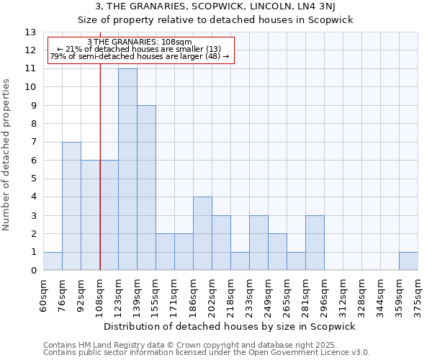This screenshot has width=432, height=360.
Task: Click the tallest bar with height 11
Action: (127, 169)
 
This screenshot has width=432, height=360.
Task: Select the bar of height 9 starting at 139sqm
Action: (146, 188)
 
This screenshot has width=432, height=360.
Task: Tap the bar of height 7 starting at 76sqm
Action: (71, 206)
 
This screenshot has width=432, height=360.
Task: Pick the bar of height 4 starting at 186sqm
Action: (202, 233)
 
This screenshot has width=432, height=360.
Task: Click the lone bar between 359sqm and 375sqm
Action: (408, 261)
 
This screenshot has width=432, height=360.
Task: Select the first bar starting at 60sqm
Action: (53, 261)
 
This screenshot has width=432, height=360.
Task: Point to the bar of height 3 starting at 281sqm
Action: (315, 243)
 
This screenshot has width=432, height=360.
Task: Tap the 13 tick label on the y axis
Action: (30, 32)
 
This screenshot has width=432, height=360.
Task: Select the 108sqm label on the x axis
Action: (100, 293)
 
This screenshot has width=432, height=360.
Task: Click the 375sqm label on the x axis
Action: (418, 293)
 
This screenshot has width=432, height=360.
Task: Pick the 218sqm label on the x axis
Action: (231, 293)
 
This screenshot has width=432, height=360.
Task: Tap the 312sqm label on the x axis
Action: (343, 293)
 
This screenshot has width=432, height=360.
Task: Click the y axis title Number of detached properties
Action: (7, 155)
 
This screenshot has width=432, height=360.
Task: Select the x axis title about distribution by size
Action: (230, 326)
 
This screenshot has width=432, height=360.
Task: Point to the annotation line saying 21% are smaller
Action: (139, 48)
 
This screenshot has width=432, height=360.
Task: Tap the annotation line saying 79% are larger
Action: (139, 55)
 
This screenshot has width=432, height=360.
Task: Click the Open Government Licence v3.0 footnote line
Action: (207, 353)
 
